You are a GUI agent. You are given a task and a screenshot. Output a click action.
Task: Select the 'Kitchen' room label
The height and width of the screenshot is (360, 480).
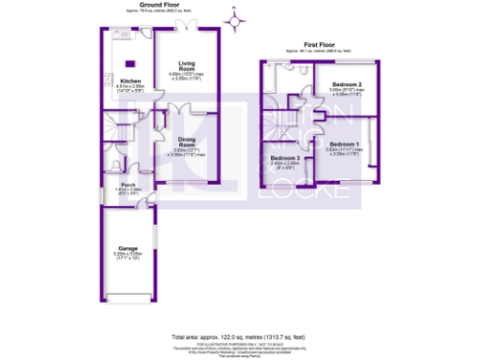coord(130,82)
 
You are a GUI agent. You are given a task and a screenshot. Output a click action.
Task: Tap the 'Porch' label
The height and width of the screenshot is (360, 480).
coord(129,186)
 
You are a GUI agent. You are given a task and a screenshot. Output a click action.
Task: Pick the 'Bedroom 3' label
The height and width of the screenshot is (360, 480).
coord(285,157)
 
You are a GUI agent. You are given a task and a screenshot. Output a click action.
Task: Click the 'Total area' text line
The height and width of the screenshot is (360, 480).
coord(238,336)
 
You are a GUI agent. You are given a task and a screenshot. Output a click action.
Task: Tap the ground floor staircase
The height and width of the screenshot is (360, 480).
coord(117,141)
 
